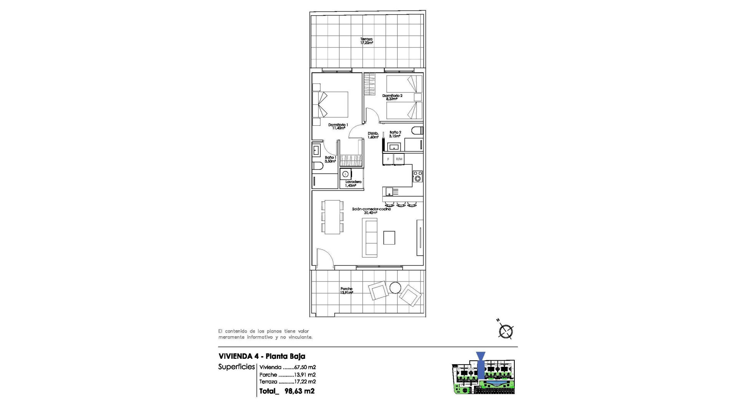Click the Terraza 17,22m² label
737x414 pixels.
pos(366,41)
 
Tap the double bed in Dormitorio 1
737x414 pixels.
pos(330,104)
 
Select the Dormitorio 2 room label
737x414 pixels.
pos(392,97)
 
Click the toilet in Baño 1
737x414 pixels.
pos(317,166)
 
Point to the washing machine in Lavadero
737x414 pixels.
pos(345,174)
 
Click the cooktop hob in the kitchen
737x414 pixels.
pos(418,176)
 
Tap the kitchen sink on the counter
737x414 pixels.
pos(390,191)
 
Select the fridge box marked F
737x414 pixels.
pos(388,159)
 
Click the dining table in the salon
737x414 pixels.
pos(332,217)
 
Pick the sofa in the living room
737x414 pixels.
pos(370,238)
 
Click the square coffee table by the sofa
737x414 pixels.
pos(389,238)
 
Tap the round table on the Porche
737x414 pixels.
pos(395,287)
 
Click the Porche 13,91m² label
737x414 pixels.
pos(346,291)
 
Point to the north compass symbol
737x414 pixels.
pos(506,331)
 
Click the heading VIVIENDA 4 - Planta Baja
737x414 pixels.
pos(262,356)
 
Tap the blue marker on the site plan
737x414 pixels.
pos(481,366)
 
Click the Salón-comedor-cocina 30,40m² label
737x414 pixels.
pos(371,210)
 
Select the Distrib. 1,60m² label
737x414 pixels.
pos(373,135)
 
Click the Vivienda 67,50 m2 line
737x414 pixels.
pos(287,367)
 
